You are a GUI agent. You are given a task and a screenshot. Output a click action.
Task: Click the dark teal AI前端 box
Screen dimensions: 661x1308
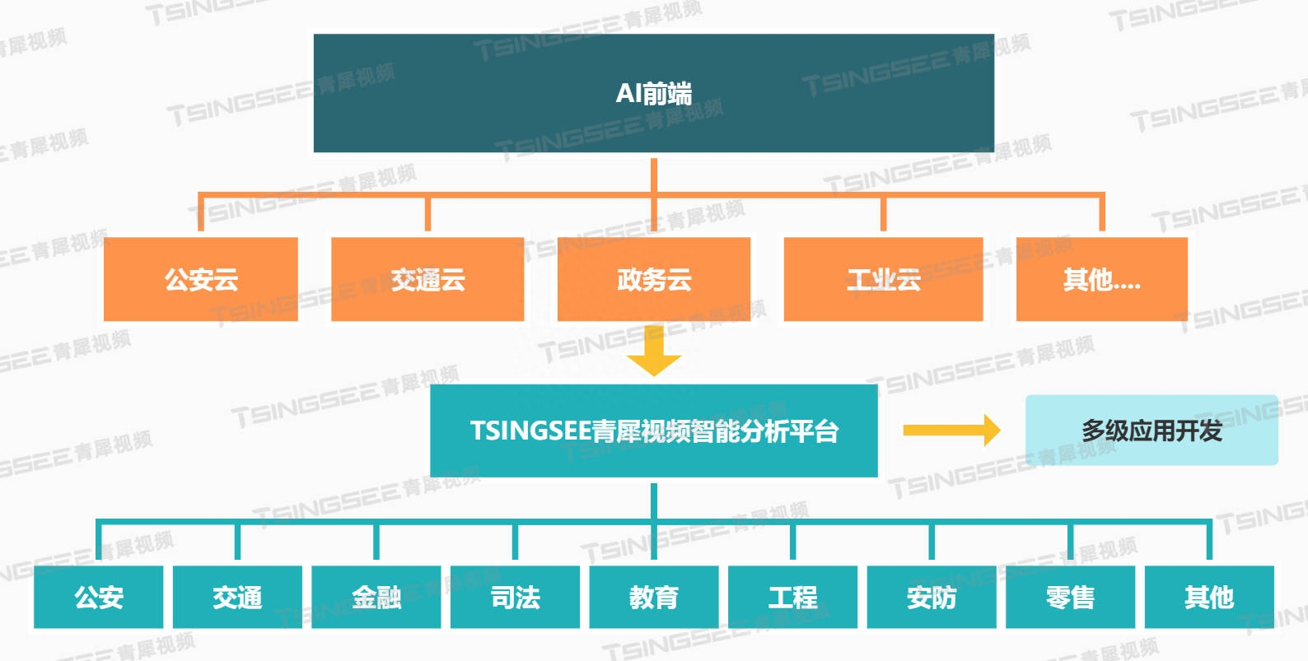coord(653,93)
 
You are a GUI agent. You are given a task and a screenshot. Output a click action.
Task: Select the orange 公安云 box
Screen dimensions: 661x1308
coord(201,279)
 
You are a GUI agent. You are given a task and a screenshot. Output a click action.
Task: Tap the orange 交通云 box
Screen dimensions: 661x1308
coord(427,279)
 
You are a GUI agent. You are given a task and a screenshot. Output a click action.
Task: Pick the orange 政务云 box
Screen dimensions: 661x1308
coord(654,279)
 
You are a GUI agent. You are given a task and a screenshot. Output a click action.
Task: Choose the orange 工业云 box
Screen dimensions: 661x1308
coord(883,279)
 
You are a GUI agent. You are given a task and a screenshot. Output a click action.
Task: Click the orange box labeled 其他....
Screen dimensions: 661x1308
coord(1101,279)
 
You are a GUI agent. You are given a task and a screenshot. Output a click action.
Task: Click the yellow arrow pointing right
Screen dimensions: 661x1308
coord(951,430)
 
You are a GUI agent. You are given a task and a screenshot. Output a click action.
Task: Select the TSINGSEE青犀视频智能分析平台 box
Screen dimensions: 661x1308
coord(654,431)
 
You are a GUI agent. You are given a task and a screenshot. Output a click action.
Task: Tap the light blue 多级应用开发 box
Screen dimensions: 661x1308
coord(1152,431)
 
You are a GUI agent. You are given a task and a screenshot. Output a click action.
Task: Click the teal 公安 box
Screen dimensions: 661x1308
coord(99,597)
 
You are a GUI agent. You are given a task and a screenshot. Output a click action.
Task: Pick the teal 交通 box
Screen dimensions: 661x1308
coord(237,597)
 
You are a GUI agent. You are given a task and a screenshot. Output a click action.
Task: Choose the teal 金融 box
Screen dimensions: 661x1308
coord(376,597)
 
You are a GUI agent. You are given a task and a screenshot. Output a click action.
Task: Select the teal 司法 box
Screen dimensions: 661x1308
coord(516,597)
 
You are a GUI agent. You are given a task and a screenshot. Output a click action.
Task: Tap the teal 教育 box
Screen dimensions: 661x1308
coord(654,597)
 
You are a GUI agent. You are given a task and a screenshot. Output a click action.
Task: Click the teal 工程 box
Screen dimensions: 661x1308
coord(793,597)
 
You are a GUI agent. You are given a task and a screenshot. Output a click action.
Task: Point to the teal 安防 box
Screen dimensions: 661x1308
coord(932,597)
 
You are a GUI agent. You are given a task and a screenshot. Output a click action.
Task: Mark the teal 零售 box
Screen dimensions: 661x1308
coord(1070,597)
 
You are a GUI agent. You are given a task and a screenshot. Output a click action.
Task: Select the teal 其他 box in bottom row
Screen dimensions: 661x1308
coord(1209,597)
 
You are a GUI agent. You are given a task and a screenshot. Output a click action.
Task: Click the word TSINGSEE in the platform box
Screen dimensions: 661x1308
coord(530,431)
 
